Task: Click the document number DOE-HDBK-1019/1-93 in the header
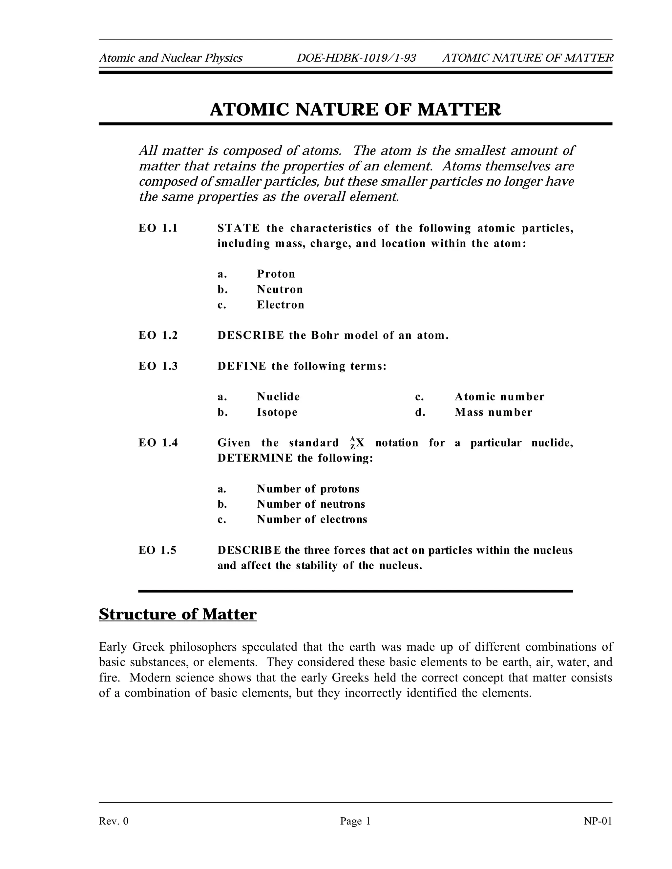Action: [x=356, y=58]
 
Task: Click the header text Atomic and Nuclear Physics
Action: [x=170, y=58]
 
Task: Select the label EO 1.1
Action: [x=158, y=228]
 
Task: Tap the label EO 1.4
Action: [x=158, y=443]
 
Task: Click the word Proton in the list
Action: [x=276, y=274]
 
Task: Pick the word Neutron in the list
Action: [x=280, y=290]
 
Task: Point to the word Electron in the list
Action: [x=280, y=305]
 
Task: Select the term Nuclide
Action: [x=278, y=397]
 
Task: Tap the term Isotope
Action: [x=277, y=412]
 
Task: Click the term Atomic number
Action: [x=499, y=397]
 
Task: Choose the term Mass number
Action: [x=493, y=412]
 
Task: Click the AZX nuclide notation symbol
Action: [x=357, y=443]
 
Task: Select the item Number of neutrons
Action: [x=310, y=504]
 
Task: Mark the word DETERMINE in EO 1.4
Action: [x=255, y=458]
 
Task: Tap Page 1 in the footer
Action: [x=355, y=821]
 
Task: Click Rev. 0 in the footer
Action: [x=114, y=821]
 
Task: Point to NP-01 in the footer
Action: [x=598, y=821]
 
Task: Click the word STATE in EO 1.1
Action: [x=238, y=228]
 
